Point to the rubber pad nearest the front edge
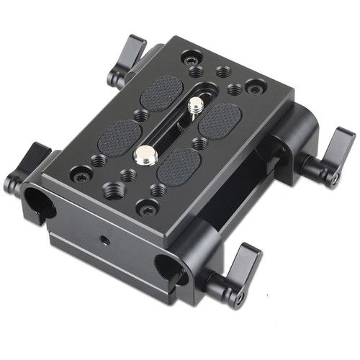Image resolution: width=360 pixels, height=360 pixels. point(178,163)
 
